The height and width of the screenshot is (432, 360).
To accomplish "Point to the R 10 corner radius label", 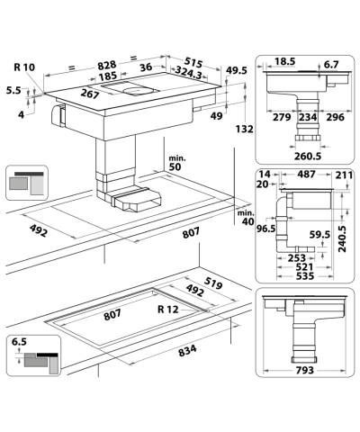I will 24,67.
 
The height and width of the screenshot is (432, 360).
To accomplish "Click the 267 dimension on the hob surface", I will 88,96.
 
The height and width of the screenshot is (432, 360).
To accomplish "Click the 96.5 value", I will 265,229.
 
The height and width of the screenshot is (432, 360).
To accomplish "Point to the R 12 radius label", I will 166,310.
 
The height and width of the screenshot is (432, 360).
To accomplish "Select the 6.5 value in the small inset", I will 18,342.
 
